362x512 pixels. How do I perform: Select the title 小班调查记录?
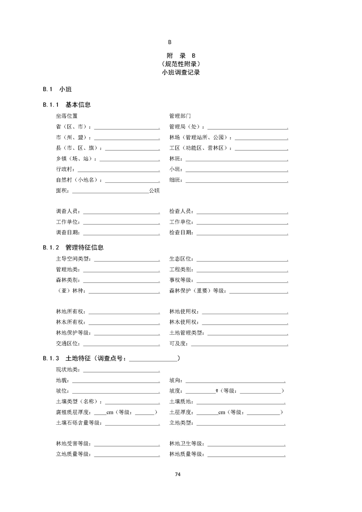click(181, 72)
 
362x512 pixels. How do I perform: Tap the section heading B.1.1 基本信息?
click(67, 105)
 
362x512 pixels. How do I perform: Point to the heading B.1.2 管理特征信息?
click(73, 248)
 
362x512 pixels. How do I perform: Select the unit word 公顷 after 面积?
click(154, 191)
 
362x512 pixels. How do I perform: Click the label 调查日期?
click(67, 232)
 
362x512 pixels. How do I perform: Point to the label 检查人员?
click(181, 211)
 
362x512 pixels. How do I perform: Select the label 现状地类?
click(67, 369)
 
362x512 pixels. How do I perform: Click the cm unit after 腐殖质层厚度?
click(110, 412)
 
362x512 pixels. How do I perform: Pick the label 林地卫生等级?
click(186, 443)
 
